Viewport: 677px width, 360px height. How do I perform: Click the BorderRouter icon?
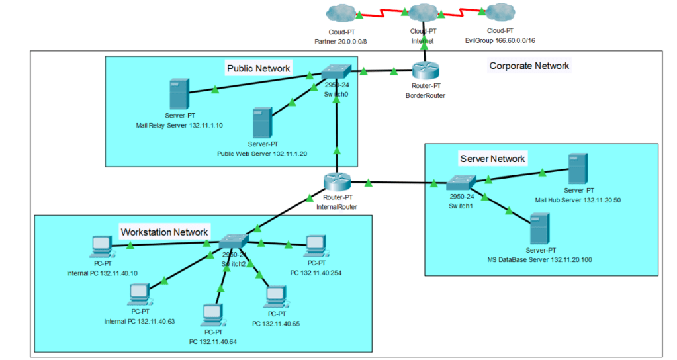pos(421,71)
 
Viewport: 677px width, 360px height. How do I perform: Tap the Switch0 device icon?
pos(336,71)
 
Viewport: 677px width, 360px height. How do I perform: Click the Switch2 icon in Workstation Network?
pos(233,243)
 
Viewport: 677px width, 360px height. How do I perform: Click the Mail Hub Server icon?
pos(576,169)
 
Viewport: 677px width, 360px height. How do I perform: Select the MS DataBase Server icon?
pos(539,229)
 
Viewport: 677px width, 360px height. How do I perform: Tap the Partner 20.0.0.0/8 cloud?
pos(341,13)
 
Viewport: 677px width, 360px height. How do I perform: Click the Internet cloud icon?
pos(422,13)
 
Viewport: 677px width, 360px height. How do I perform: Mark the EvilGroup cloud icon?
pos(499,13)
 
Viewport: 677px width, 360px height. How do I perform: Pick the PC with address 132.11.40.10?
pos(101,247)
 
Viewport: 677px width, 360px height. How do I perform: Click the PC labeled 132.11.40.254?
pos(314,246)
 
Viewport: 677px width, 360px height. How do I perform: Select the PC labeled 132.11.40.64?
pos(212,314)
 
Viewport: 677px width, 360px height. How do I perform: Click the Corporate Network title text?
pos(529,66)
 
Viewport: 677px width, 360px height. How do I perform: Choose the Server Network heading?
pos(492,159)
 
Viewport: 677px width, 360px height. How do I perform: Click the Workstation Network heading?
pos(164,232)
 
